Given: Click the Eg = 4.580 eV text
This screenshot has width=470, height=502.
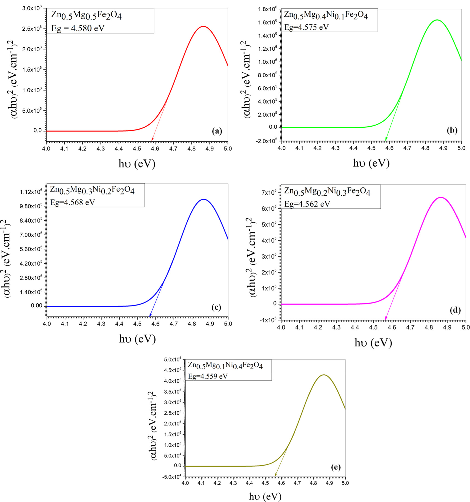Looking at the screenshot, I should tap(78, 28).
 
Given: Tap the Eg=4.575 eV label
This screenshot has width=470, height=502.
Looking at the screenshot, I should tap(306, 27).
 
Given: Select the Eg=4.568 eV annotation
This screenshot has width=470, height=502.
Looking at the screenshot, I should tap(72, 202).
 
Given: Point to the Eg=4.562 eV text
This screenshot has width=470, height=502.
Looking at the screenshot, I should tap(307, 204).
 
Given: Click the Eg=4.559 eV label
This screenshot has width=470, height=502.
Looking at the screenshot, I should tap(208, 376).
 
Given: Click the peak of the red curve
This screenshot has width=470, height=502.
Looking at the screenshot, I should tap(203, 26).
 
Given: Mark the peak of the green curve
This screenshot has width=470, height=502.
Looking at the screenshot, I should tap(437, 20).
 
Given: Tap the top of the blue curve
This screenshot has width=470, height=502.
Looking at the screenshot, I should tap(204, 199).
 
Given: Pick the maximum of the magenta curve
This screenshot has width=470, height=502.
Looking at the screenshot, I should tap(441, 197).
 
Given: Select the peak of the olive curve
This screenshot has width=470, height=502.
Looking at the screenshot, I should tap(324, 375).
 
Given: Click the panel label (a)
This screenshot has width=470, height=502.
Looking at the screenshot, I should tap(217, 131).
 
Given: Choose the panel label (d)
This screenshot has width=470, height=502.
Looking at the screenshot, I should tap(455, 310).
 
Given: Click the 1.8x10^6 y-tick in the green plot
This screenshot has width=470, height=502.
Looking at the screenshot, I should tap(268, 9).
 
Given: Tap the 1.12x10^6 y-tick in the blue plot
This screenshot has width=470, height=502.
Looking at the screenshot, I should tap(31, 192).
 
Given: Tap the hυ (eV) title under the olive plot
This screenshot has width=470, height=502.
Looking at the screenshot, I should tap(265, 496).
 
